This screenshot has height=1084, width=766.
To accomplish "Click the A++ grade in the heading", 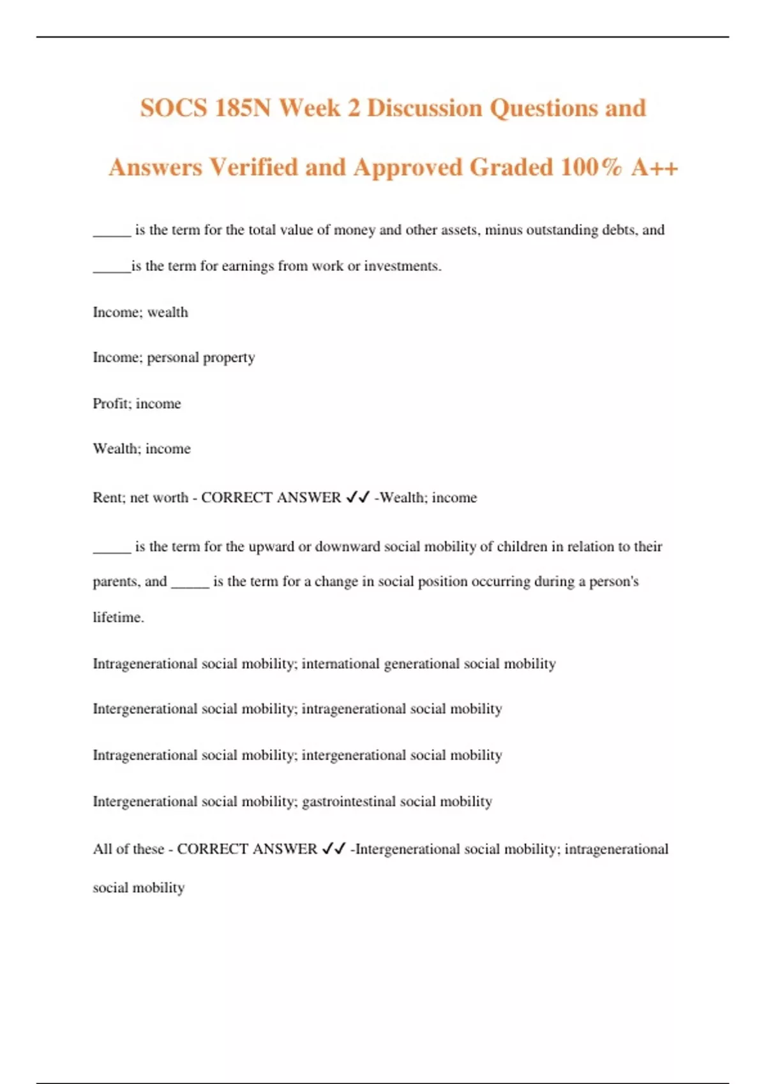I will (655, 167).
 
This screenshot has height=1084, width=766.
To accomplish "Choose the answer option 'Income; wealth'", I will (140, 312).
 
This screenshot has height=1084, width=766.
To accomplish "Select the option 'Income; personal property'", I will (174, 358).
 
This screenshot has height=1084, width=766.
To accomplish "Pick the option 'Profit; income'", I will (137, 404).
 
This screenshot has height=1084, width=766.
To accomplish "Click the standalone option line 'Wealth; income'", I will (142, 449).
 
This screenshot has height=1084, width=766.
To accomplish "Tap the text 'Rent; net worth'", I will (140, 497).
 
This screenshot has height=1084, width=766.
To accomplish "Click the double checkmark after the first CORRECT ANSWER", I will (357, 497).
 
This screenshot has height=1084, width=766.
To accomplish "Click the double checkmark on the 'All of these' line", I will (334, 849).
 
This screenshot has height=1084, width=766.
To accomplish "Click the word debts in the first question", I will (620, 230).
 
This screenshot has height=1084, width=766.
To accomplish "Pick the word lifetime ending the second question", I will (117, 617).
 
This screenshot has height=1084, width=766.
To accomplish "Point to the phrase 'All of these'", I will (128, 849).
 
